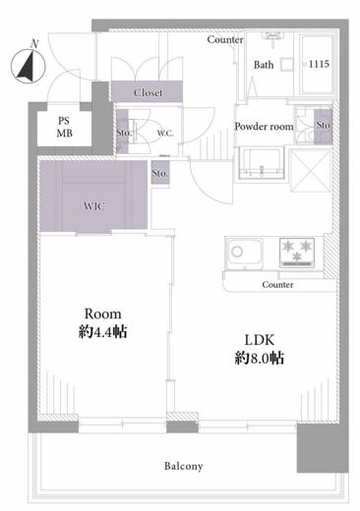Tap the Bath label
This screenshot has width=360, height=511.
click(264, 65)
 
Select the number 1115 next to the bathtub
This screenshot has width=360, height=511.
click(320, 64)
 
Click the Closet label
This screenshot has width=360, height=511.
click(150, 92)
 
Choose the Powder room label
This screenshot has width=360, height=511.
click(264, 126)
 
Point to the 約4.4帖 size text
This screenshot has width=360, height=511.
click(102, 332)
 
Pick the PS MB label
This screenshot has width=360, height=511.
click(64, 126)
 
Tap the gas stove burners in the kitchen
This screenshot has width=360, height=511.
click(298, 253)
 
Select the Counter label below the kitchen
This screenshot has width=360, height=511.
click(277, 285)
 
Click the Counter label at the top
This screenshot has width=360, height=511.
click(225, 39)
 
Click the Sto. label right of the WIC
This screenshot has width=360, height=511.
click(160, 174)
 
